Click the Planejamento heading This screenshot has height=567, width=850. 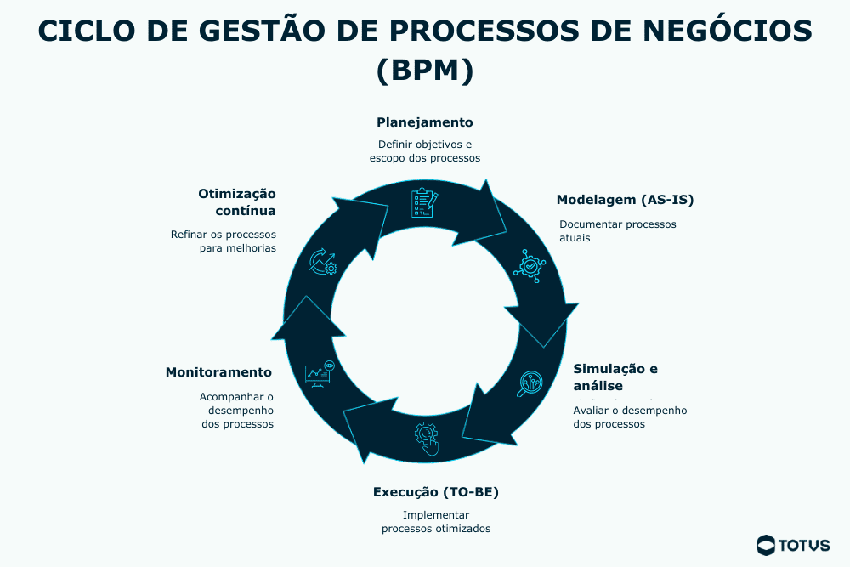click(x=425, y=122)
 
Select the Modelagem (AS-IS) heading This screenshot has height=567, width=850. click(x=626, y=201)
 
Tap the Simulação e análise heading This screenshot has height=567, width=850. click(x=615, y=377)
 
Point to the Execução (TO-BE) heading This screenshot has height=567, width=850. click(x=436, y=492)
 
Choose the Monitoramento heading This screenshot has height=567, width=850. click(x=218, y=372)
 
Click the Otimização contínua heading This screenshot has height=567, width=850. click(x=237, y=201)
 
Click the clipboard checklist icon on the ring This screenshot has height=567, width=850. click(x=424, y=202)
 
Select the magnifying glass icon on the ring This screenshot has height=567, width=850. click(x=530, y=384)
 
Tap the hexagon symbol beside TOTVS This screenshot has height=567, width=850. click(x=767, y=545)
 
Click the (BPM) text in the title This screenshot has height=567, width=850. click(x=425, y=70)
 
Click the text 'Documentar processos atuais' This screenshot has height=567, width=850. click(x=618, y=231)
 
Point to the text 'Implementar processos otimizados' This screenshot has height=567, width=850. click(x=436, y=521)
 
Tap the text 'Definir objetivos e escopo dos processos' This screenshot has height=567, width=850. click(x=425, y=151)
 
